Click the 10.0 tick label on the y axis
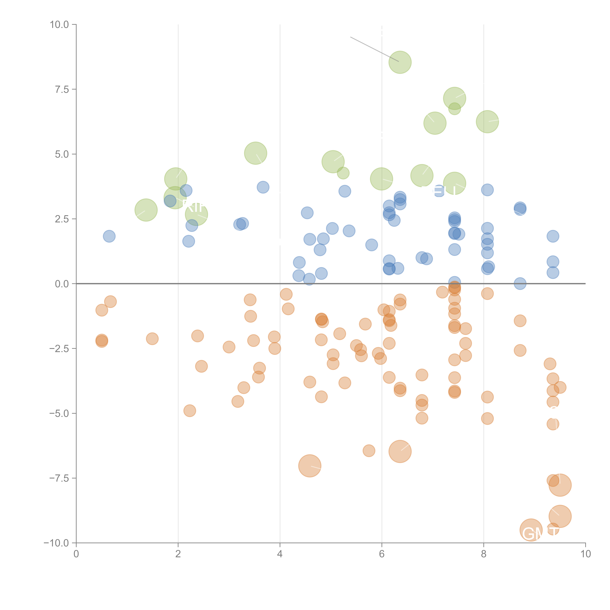tap(59, 25)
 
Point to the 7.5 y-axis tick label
tap(62, 89)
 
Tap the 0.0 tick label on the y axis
tap(62, 284)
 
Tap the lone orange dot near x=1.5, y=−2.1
tap(152, 339)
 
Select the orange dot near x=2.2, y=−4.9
tap(189, 411)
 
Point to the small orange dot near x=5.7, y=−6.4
tap(369, 451)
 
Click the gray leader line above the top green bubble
tap(374, 49)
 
